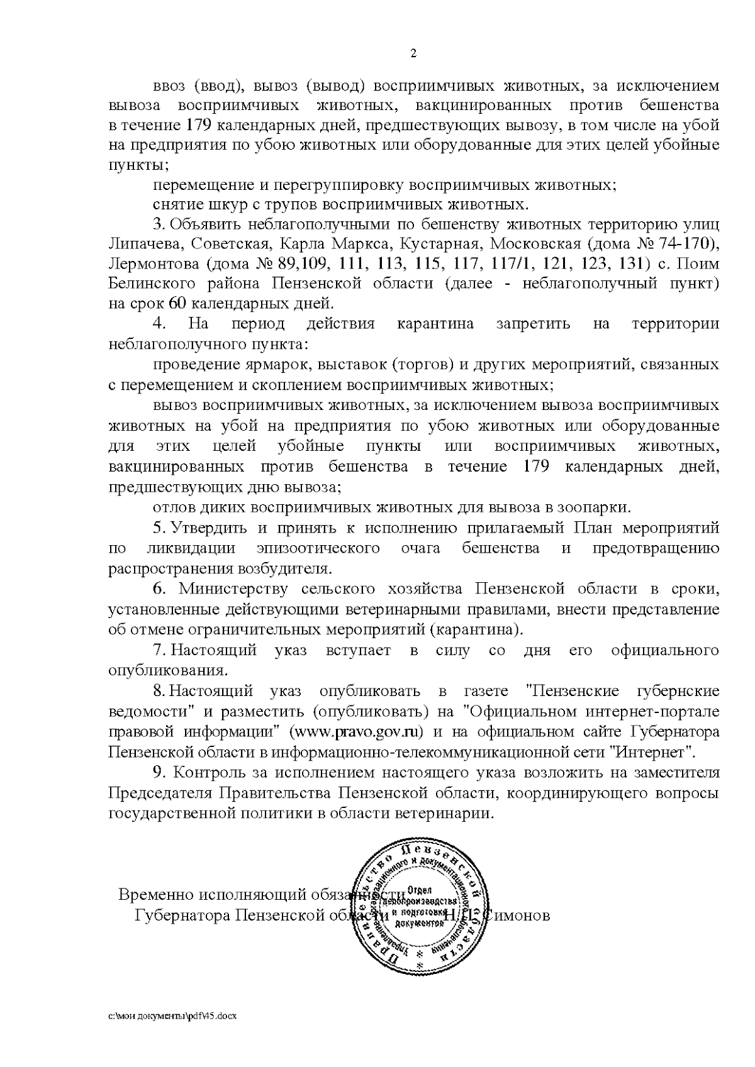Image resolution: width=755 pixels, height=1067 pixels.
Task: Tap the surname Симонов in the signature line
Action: (x=518, y=915)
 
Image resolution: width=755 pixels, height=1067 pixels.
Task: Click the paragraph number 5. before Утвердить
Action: (x=159, y=528)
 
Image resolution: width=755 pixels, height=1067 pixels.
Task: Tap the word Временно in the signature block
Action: (x=155, y=894)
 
